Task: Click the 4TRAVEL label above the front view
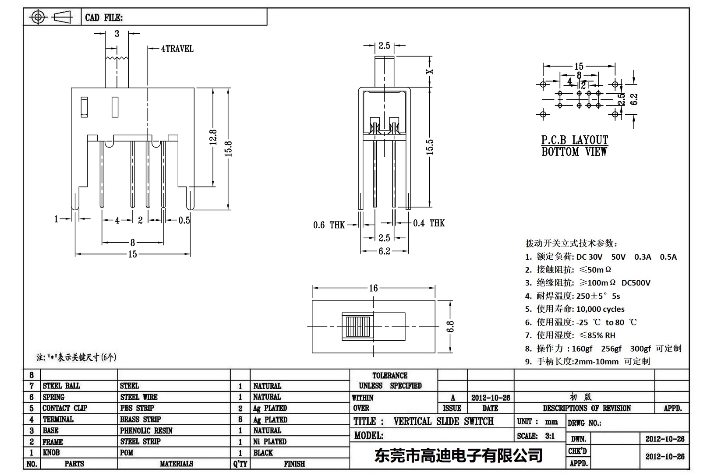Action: coord(177,49)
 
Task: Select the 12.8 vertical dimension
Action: coord(213,138)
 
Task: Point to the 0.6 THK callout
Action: coord(329,225)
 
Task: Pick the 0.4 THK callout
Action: coord(428,223)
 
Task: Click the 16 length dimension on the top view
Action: coord(373,288)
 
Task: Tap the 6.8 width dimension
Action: coord(451,327)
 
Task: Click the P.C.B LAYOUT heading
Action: coord(574,140)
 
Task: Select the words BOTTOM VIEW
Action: coord(574,152)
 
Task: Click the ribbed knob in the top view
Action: coord(357,326)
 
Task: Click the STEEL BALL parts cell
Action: coord(61,386)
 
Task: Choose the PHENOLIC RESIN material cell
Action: coord(146,430)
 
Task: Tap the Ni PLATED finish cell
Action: coord(269,441)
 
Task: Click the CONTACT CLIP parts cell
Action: coord(64,408)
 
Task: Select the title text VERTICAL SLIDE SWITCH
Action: coord(443,421)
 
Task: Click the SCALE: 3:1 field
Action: coord(535,436)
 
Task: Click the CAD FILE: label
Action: coord(104,18)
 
